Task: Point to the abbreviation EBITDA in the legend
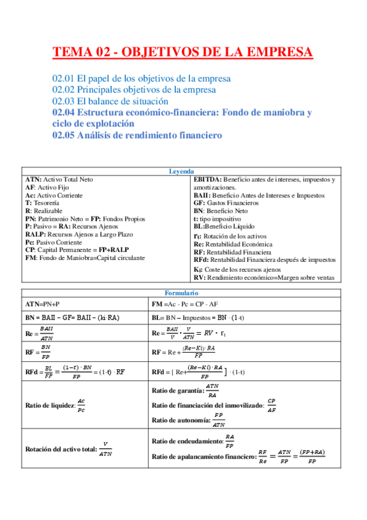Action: [x=206, y=180]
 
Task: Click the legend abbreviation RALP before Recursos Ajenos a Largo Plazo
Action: [x=36, y=234]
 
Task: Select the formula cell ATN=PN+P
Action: [x=42, y=304]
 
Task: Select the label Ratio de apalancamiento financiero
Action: [x=202, y=457]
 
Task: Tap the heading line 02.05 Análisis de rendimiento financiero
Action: [x=137, y=135]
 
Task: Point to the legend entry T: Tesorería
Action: [x=42, y=202]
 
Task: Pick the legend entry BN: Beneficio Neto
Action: [x=221, y=210]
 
